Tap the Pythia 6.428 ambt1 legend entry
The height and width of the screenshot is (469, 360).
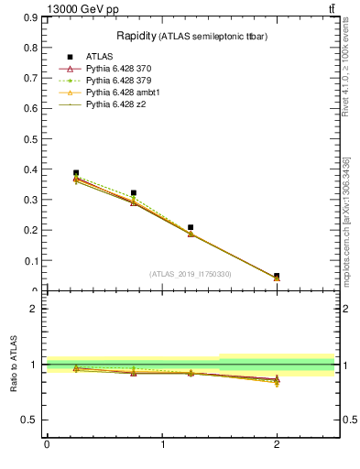coord(124,93)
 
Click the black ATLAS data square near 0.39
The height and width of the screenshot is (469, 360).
coord(76,172)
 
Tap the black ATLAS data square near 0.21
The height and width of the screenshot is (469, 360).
coord(191,227)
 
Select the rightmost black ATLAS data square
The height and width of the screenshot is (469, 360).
coord(277,276)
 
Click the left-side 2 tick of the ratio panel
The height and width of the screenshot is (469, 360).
coord(34,309)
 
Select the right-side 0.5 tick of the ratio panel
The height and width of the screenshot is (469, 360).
coord(348,420)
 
